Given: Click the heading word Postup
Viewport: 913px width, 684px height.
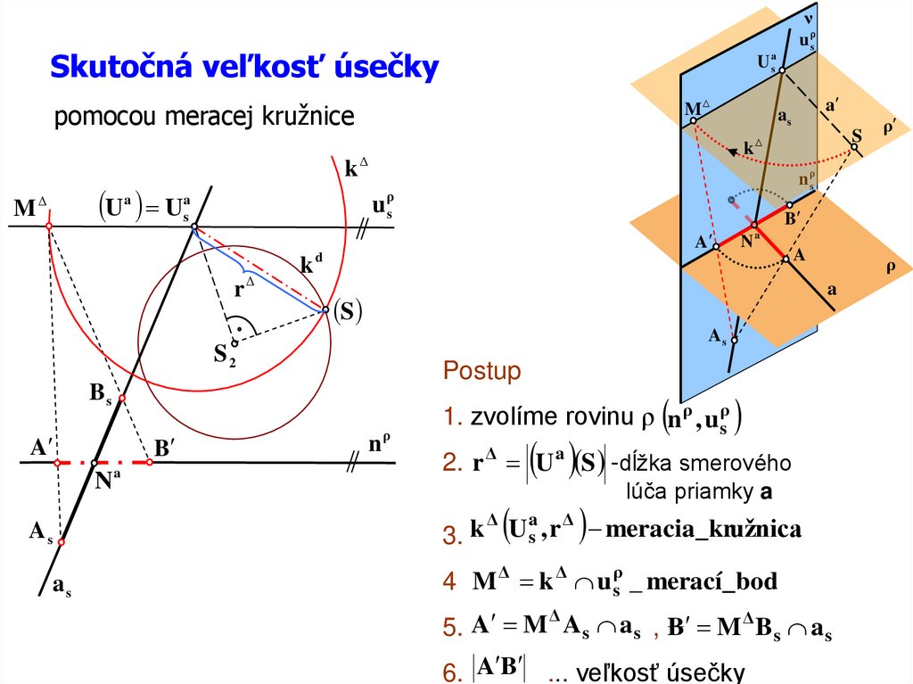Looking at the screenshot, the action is point(481,372).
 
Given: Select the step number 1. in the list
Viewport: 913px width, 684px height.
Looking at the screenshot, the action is point(454,417).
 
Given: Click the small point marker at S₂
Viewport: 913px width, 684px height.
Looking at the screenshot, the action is point(234,342).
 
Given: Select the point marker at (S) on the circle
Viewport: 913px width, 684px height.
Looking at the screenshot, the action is point(326,310).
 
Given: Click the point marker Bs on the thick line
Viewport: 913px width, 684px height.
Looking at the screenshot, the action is point(122,399).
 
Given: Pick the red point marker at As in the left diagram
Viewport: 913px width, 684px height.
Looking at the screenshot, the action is point(62,541).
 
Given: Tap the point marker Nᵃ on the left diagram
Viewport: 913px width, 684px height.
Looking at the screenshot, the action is point(94,463).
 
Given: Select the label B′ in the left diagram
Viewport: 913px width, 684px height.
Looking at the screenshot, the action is point(163,448).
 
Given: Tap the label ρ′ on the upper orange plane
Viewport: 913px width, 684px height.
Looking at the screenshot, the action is point(888,128).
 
